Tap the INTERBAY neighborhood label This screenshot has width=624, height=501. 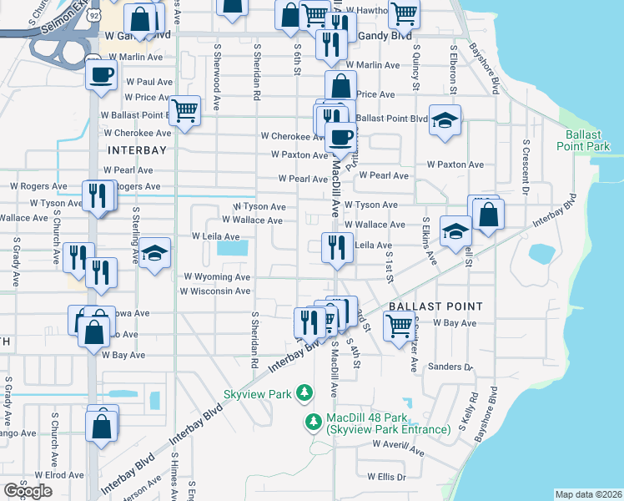click(x=138, y=150)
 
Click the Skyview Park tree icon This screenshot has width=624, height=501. click(x=305, y=392)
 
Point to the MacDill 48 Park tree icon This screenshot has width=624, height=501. click(x=314, y=423)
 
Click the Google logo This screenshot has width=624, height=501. click(x=28, y=491)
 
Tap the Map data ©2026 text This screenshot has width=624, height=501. click(x=589, y=494)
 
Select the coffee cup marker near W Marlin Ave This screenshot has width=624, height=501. click(x=102, y=73)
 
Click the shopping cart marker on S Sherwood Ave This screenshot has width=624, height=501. click(x=184, y=109)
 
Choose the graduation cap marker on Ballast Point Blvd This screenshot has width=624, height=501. click(x=445, y=119)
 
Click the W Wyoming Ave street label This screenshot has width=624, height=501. click(x=217, y=276)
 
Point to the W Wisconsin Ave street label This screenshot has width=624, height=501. click(x=215, y=291)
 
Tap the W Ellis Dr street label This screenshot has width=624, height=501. click(x=386, y=477)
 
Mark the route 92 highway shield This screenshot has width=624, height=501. click(x=93, y=16)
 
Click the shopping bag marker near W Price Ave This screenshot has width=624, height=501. click(x=341, y=84)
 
